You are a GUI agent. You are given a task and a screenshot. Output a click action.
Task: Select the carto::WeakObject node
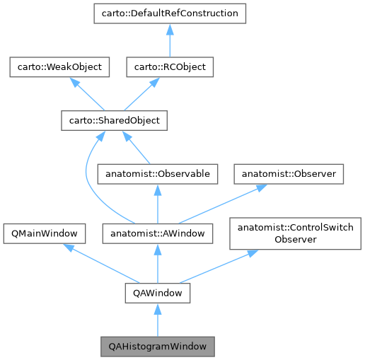(x=56, y=67)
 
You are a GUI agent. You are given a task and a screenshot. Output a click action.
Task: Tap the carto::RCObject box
(x=170, y=67)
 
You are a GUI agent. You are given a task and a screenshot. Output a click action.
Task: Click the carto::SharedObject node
(x=110, y=120)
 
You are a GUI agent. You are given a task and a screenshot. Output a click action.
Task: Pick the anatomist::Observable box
(x=156, y=173)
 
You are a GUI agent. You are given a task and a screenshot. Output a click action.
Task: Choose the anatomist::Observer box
(x=289, y=173)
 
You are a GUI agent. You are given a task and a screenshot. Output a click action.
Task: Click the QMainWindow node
(x=45, y=232)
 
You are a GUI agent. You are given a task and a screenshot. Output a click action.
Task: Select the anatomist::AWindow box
(x=157, y=232)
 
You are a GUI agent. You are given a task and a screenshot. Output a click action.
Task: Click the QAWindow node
(x=157, y=291)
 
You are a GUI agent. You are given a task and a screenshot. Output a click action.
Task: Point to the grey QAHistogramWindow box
(x=157, y=347)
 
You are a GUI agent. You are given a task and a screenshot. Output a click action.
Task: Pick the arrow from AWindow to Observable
(x=157, y=203)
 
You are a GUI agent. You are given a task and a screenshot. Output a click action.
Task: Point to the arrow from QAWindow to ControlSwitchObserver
(x=219, y=266)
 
